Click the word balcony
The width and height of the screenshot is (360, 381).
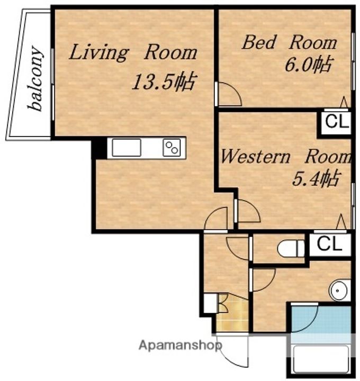pos(36,78)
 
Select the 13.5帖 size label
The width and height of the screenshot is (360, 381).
pos(164,81)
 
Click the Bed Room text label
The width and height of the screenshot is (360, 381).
pos(290,43)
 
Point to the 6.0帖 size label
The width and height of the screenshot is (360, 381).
pos(308,65)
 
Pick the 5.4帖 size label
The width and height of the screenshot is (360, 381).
pos(316,179)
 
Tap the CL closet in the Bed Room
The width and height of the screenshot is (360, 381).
pos(336,122)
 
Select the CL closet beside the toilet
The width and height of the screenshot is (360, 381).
pos(330,244)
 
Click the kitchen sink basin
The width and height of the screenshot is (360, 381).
pos(127,148)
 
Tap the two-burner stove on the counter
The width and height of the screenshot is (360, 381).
pos(172,148)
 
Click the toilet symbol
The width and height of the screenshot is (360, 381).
pos(291,248)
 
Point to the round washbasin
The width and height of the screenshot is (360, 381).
pos(340,291)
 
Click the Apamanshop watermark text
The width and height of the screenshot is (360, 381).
pos(180,345)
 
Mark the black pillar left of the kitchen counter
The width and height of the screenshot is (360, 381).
pos(99,148)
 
